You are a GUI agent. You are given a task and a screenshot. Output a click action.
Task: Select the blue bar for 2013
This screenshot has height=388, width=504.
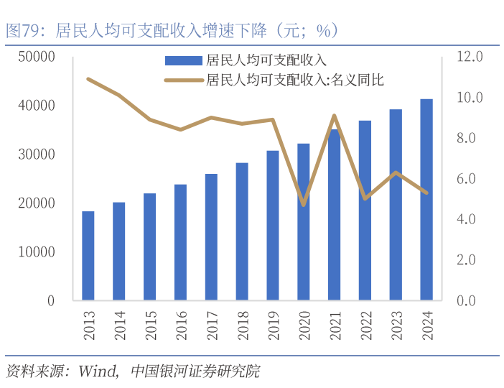pos(88,256)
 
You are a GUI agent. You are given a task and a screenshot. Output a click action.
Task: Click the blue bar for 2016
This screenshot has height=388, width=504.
pos(180,242)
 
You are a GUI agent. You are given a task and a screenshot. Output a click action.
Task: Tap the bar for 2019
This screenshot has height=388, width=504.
pos(273,225)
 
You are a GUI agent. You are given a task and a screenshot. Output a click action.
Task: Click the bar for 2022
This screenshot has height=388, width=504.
pos(365,211)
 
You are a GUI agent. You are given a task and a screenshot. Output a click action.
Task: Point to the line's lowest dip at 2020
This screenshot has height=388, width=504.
pos(304,205)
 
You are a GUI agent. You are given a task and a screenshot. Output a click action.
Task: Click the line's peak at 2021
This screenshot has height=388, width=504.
pos(334,116)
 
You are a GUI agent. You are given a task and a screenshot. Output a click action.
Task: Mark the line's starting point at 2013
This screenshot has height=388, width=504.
pos(88,79)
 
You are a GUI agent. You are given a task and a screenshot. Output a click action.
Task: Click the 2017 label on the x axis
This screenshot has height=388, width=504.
pos(211,324)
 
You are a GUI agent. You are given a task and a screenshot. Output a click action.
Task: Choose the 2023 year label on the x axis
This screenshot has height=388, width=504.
pos(396,324)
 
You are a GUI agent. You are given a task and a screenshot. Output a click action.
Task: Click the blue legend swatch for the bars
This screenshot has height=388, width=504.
pos(183,61)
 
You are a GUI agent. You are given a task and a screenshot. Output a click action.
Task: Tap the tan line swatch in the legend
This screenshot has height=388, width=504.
pos(183,80)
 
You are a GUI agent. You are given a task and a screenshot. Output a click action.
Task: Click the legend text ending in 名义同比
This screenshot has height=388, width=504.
pos(294,80)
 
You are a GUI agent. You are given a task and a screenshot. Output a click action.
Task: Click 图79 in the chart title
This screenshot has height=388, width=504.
pos(21,31)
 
